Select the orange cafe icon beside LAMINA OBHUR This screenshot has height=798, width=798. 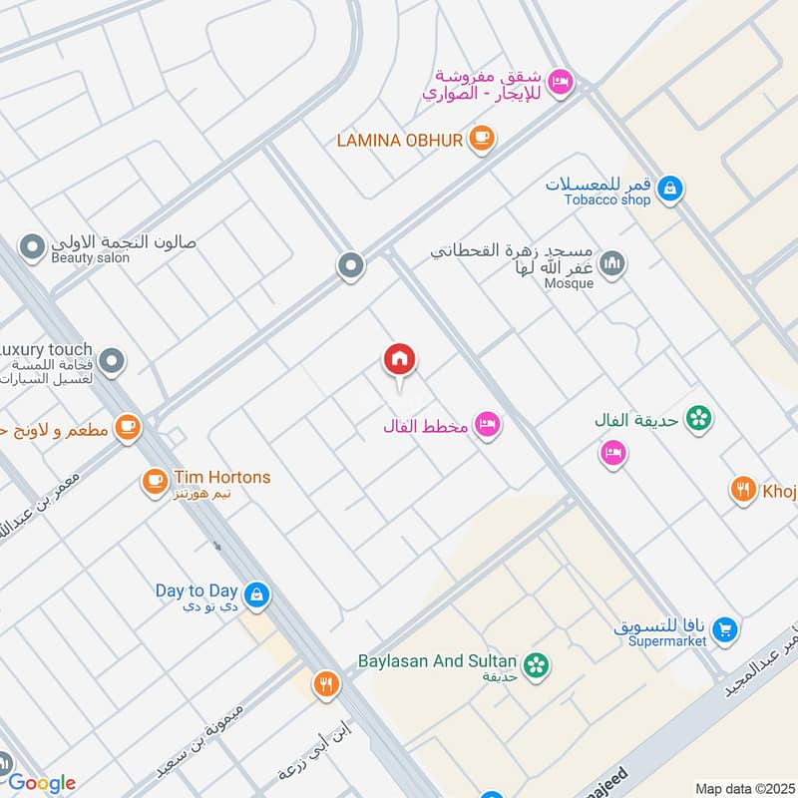pyautogui.click(x=482, y=138)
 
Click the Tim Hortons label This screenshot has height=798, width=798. pyautogui.click(x=221, y=478)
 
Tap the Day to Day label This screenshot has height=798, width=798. pyautogui.click(x=195, y=591)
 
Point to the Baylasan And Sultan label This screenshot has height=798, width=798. pyautogui.click(x=438, y=661)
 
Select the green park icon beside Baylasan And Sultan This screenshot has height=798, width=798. pyautogui.click(x=537, y=663)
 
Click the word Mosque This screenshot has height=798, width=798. pyautogui.click(x=570, y=283)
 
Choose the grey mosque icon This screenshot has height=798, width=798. pyautogui.click(x=612, y=264)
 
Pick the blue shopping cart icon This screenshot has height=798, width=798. pyautogui.click(x=726, y=629)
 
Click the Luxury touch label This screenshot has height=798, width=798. pyautogui.click(x=46, y=350)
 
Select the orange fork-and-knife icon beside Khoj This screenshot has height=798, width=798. pyautogui.click(x=742, y=489)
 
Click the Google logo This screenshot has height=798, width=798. pyautogui.click(x=41, y=783)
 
